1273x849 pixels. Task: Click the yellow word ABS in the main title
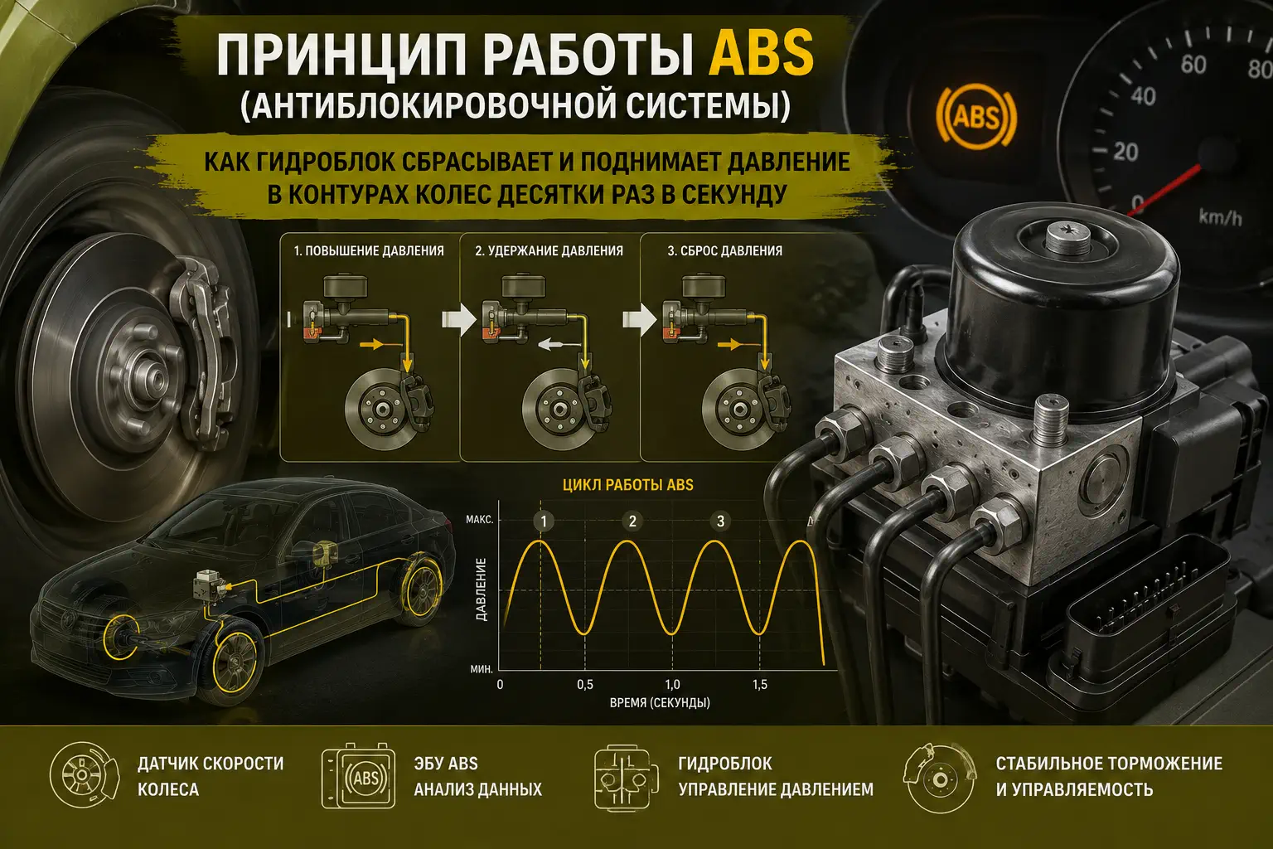point(761,53)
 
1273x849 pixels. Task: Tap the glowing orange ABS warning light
point(976,117)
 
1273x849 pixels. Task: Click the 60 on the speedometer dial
point(1193,65)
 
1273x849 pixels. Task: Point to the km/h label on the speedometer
point(1220,217)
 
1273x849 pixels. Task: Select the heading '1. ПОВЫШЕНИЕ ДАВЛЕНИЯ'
point(369,250)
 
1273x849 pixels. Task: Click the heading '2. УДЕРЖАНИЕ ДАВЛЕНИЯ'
point(549,250)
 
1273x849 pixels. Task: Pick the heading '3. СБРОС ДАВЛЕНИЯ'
point(724,250)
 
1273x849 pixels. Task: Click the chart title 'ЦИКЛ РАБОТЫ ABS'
point(628,485)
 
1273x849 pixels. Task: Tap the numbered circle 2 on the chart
point(632,521)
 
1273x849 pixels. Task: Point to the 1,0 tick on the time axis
point(672,685)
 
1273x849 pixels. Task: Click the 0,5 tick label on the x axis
point(585,685)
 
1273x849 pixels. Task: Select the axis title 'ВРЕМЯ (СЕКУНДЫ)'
point(660,703)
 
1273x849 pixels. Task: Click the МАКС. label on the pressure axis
point(480,520)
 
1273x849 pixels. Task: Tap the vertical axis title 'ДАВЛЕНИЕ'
point(481,589)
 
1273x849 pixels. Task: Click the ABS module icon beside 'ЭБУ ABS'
point(359,775)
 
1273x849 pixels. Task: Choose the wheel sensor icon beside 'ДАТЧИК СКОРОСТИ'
point(85,774)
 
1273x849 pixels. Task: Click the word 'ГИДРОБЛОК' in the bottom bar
point(725,763)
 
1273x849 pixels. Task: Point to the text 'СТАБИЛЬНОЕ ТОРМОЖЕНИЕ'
point(1109,763)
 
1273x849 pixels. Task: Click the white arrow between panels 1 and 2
point(458,319)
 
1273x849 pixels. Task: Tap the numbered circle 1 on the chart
point(544,521)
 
